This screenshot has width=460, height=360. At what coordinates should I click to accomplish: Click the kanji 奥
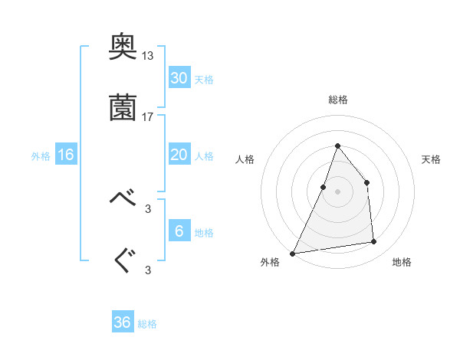(124, 49)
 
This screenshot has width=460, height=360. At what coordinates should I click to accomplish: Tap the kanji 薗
(124, 107)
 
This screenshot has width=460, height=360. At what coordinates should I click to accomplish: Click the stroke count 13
(148, 56)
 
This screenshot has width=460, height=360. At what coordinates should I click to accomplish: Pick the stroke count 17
(148, 117)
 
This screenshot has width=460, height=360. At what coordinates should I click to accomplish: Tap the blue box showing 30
(179, 77)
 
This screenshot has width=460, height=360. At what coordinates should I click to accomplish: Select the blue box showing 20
(179, 154)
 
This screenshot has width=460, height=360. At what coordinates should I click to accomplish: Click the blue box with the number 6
(179, 231)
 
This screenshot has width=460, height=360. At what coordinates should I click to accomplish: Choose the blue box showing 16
(66, 155)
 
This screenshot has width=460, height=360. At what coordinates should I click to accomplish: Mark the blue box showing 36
(123, 322)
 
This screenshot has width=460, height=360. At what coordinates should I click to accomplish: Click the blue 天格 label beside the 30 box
(204, 80)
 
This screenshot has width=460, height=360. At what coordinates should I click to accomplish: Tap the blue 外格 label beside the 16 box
(41, 156)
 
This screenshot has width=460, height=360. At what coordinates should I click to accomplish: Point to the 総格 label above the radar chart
(338, 100)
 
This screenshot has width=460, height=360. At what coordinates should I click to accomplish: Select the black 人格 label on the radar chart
(245, 159)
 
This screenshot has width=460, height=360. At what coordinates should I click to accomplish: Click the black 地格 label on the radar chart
(402, 262)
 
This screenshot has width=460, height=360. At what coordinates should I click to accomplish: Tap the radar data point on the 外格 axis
(293, 253)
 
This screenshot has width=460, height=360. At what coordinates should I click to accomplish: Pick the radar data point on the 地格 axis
(374, 242)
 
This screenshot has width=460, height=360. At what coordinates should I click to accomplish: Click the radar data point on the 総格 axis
(337, 146)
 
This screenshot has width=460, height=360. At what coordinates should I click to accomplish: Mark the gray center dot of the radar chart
(337, 191)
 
